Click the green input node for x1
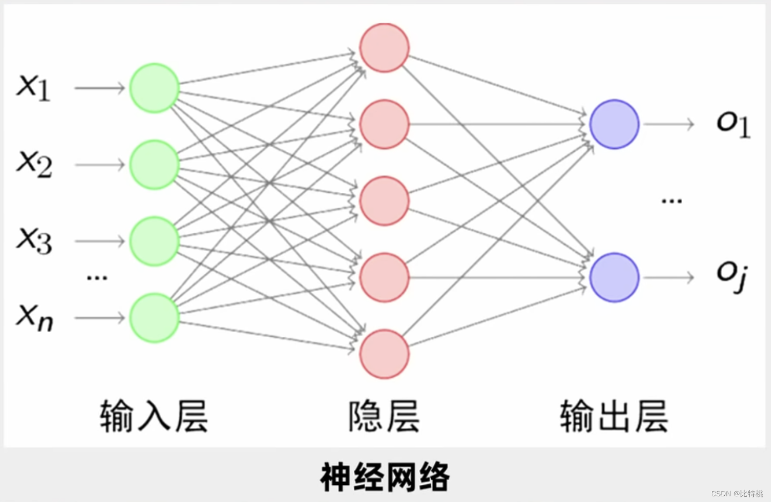[x=154, y=88]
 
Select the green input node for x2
[x=154, y=165]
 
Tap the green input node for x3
[x=154, y=241]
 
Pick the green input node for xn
[x=154, y=318]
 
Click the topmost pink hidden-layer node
[x=384, y=48]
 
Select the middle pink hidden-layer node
[x=384, y=201]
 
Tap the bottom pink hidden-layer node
[x=384, y=354]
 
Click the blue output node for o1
[x=614, y=124]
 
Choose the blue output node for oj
[x=614, y=278]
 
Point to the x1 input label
[x=34, y=87]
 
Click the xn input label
[x=35, y=316]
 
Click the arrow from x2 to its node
[x=100, y=165]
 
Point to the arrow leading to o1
[x=669, y=124]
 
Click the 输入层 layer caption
[x=154, y=416]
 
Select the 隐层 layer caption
[x=384, y=416]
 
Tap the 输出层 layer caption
[x=614, y=416]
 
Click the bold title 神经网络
[x=385, y=477]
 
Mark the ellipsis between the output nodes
[x=671, y=201]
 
